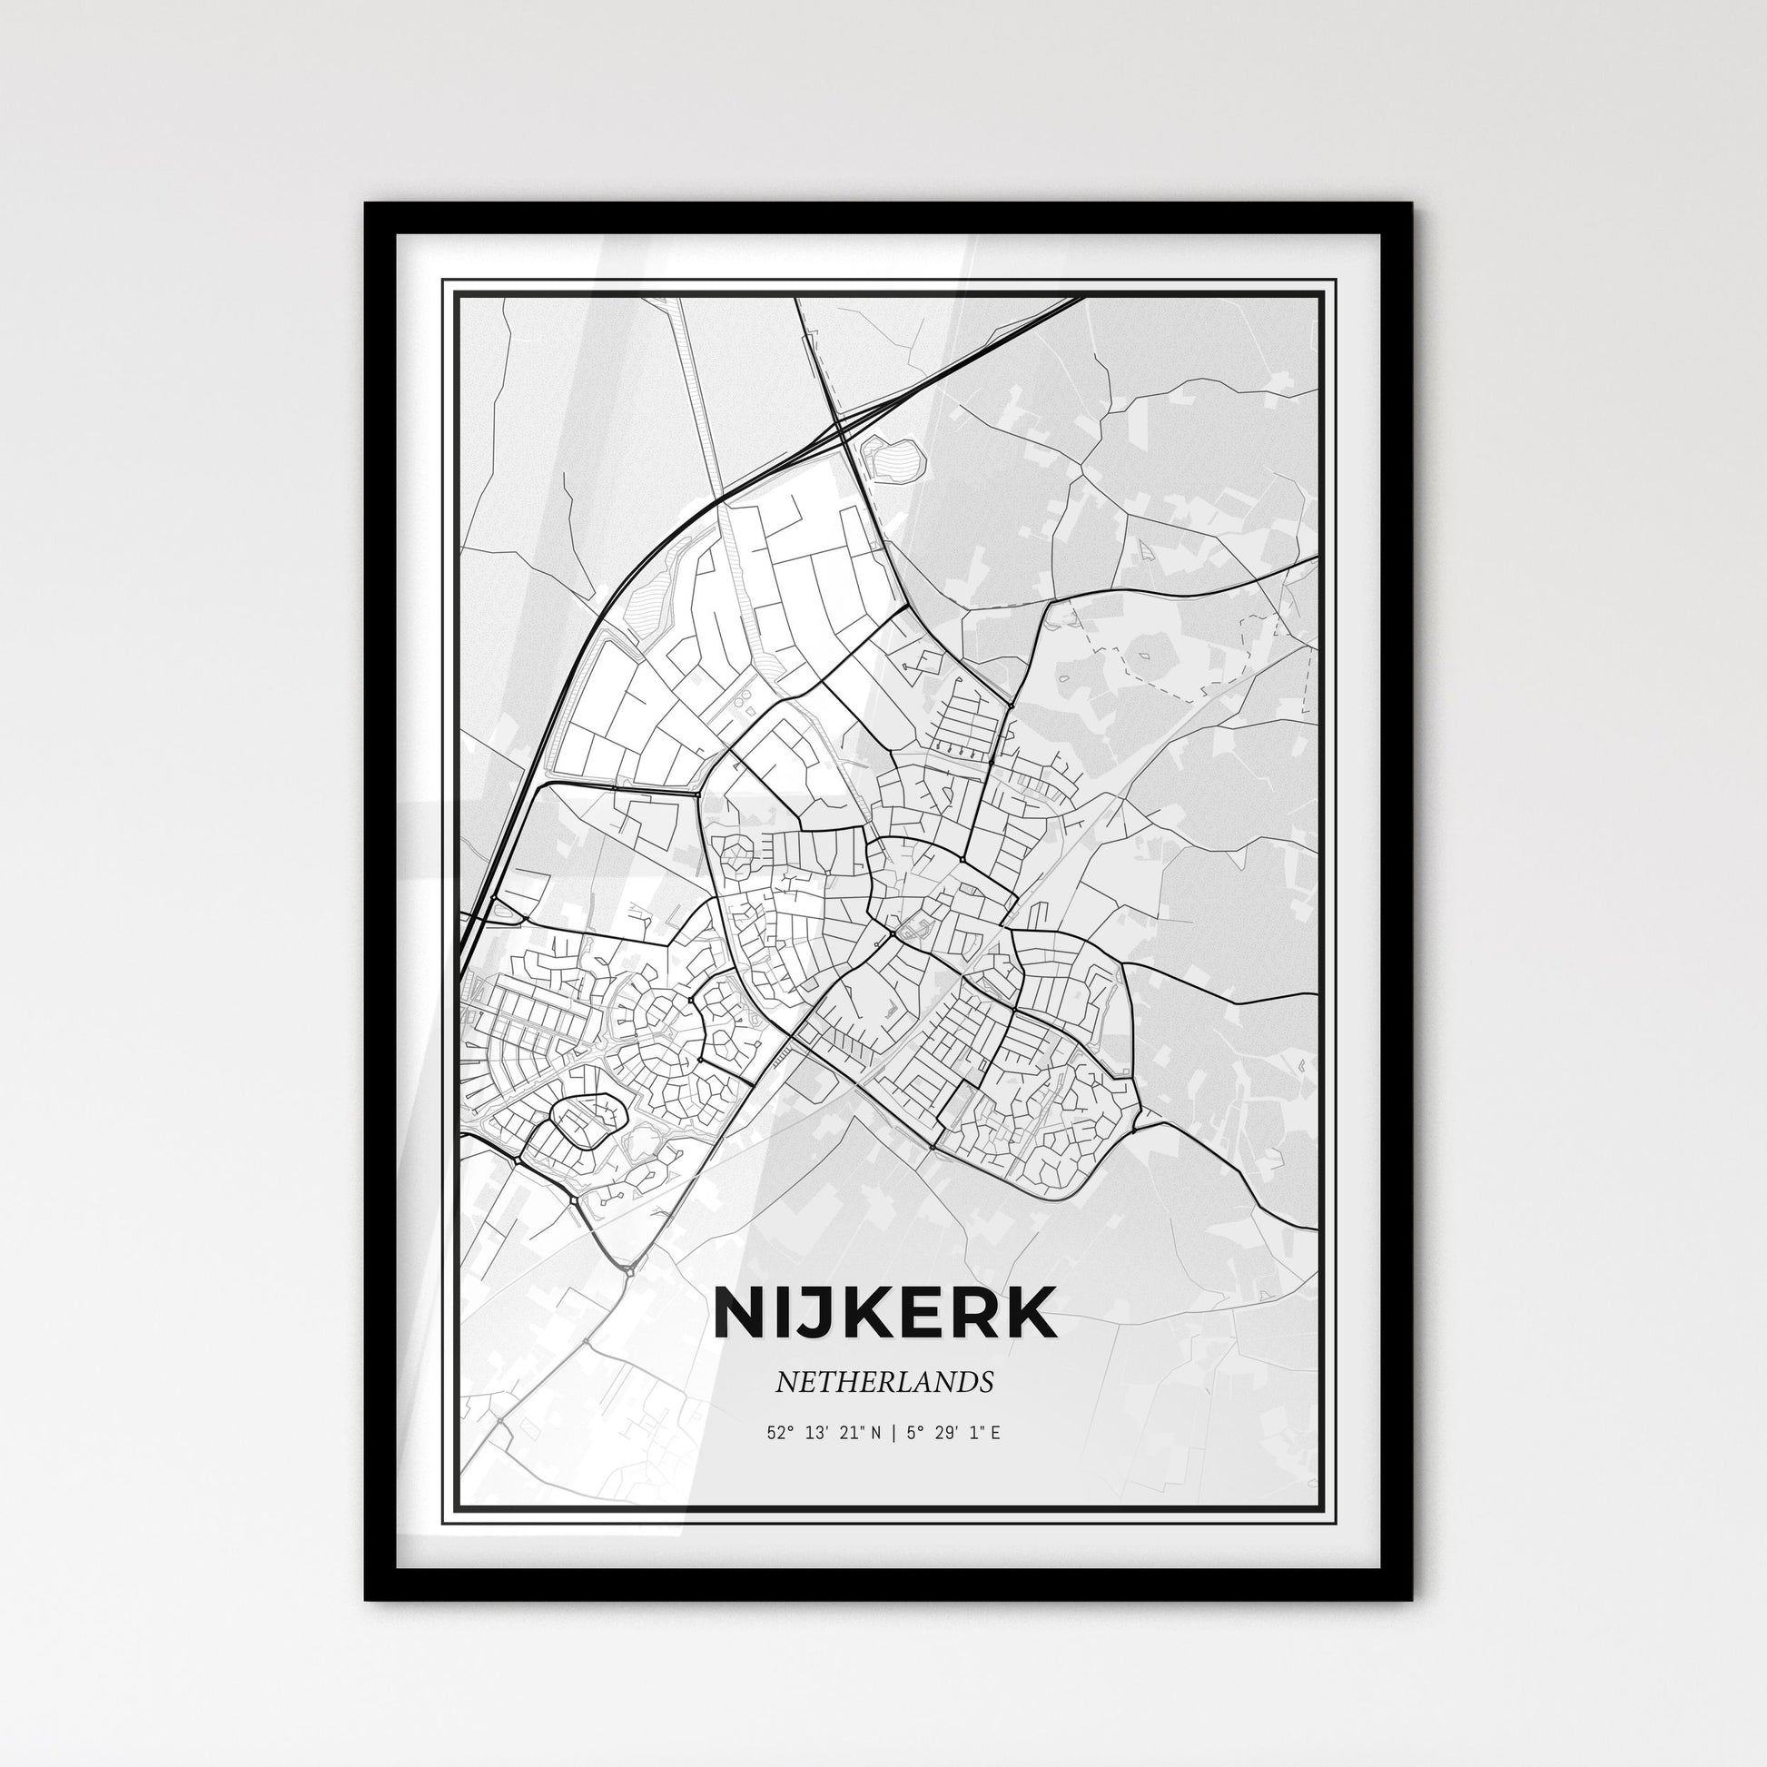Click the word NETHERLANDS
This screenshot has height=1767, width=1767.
[x=884, y=1382]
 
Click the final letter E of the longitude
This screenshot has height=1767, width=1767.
[x=995, y=1432]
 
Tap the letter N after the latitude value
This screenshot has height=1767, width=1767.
[x=875, y=1432]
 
